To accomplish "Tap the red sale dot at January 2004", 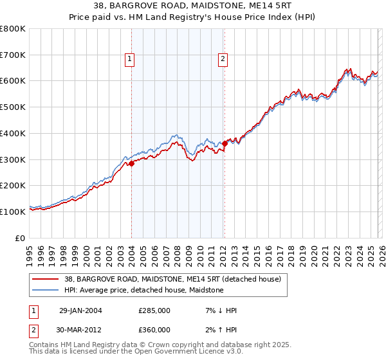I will [131, 163].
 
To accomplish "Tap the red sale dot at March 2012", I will [225, 143].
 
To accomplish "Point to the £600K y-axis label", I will [13, 81].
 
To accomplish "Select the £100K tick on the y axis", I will [13, 212].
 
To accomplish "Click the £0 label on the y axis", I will [19, 238].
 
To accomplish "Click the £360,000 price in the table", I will [154, 330].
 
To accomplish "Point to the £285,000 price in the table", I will [154, 310].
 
